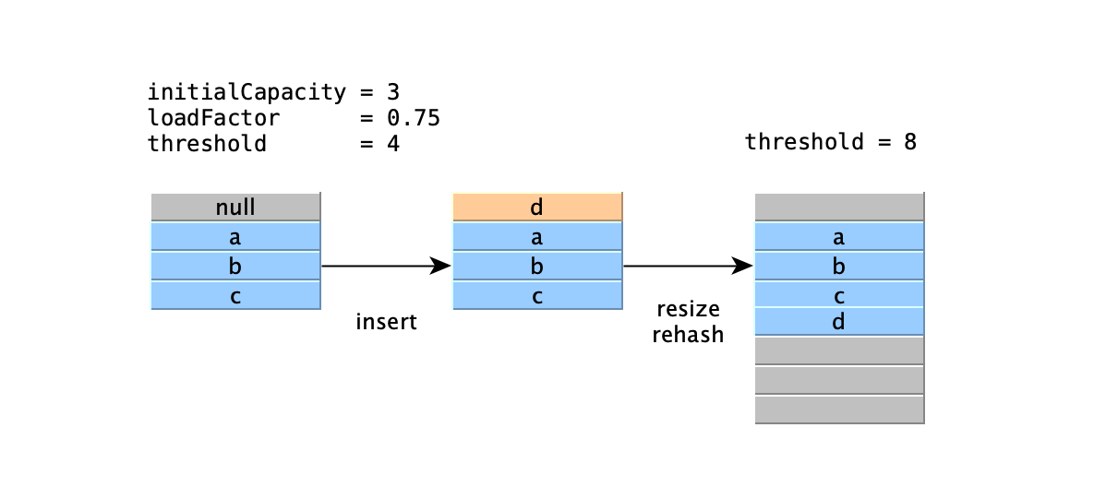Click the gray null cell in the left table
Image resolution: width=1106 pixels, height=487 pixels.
(x=235, y=207)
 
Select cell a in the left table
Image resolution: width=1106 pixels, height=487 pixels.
(x=235, y=237)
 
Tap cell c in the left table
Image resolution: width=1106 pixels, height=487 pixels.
(x=235, y=296)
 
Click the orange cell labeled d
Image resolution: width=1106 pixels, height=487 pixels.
(x=537, y=207)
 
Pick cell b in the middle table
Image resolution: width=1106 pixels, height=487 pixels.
(x=537, y=267)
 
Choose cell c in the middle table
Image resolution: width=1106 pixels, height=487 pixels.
(x=537, y=296)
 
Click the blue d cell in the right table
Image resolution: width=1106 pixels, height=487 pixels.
(x=839, y=322)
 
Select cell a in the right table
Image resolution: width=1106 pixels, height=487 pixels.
(x=839, y=237)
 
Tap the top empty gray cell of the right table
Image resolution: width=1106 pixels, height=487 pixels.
(x=839, y=207)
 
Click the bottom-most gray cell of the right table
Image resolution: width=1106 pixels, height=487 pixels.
(x=839, y=410)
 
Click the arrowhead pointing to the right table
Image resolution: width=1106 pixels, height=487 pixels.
(x=743, y=267)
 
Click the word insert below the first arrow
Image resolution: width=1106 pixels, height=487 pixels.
(x=386, y=322)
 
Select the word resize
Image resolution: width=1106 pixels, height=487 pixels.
(x=688, y=308)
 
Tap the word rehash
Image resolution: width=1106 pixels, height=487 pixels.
(x=688, y=334)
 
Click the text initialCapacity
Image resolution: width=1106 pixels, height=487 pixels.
(x=246, y=92)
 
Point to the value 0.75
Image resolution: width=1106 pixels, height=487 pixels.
(x=413, y=118)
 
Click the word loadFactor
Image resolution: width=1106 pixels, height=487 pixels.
(x=213, y=118)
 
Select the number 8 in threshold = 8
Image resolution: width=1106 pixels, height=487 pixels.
(x=910, y=142)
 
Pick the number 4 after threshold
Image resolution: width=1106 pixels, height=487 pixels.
(x=393, y=144)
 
